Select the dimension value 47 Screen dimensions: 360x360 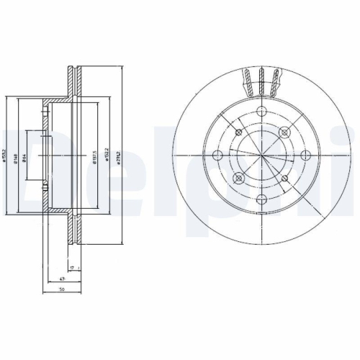[62, 279]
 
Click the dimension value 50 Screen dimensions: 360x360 [63, 290]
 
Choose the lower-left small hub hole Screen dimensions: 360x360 [239, 177]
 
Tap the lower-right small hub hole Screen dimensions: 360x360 [284, 177]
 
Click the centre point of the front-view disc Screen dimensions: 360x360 [261, 154]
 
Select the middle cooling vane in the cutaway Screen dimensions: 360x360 [261, 81]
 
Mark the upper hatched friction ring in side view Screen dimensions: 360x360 [73, 78]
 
